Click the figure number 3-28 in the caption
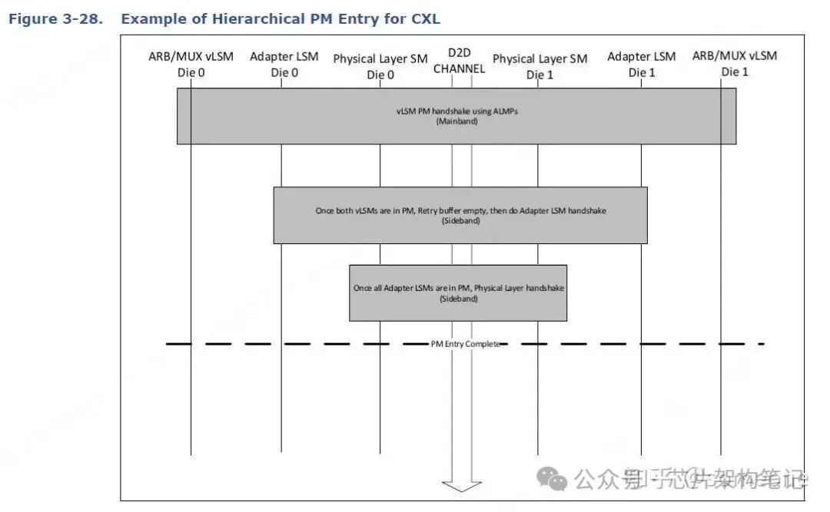tap(81, 18)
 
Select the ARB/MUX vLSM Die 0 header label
tap(191, 64)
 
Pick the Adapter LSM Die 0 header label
tap(284, 64)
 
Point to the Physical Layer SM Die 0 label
tap(380, 66)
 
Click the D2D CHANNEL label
tap(460, 61)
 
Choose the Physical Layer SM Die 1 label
tap(539, 66)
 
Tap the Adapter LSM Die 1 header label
tap(642, 64)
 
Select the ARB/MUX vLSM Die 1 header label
tap(735, 63)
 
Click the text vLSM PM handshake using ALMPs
tap(456, 111)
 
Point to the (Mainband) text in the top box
tap(456, 121)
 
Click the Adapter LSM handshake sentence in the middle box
tap(460, 210)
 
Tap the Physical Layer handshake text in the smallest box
tap(458, 288)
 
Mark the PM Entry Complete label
tap(465, 344)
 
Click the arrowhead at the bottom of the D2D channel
tap(462, 484)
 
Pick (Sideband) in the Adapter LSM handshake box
tap(460, 220)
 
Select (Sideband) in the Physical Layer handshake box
tap(458, 299)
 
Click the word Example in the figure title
tap(151, 18)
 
